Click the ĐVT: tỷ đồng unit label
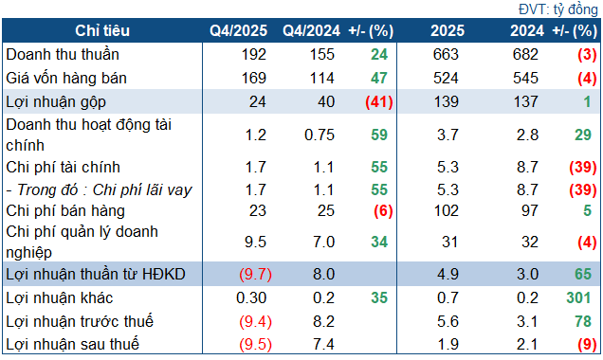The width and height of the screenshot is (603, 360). coord(557,9)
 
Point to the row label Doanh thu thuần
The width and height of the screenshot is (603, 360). coord(63,54)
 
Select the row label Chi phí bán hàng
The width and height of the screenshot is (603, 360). coord(64,211)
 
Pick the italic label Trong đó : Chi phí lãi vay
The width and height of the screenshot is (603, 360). coord(100,189)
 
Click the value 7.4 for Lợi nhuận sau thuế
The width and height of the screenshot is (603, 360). coord(323,343)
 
